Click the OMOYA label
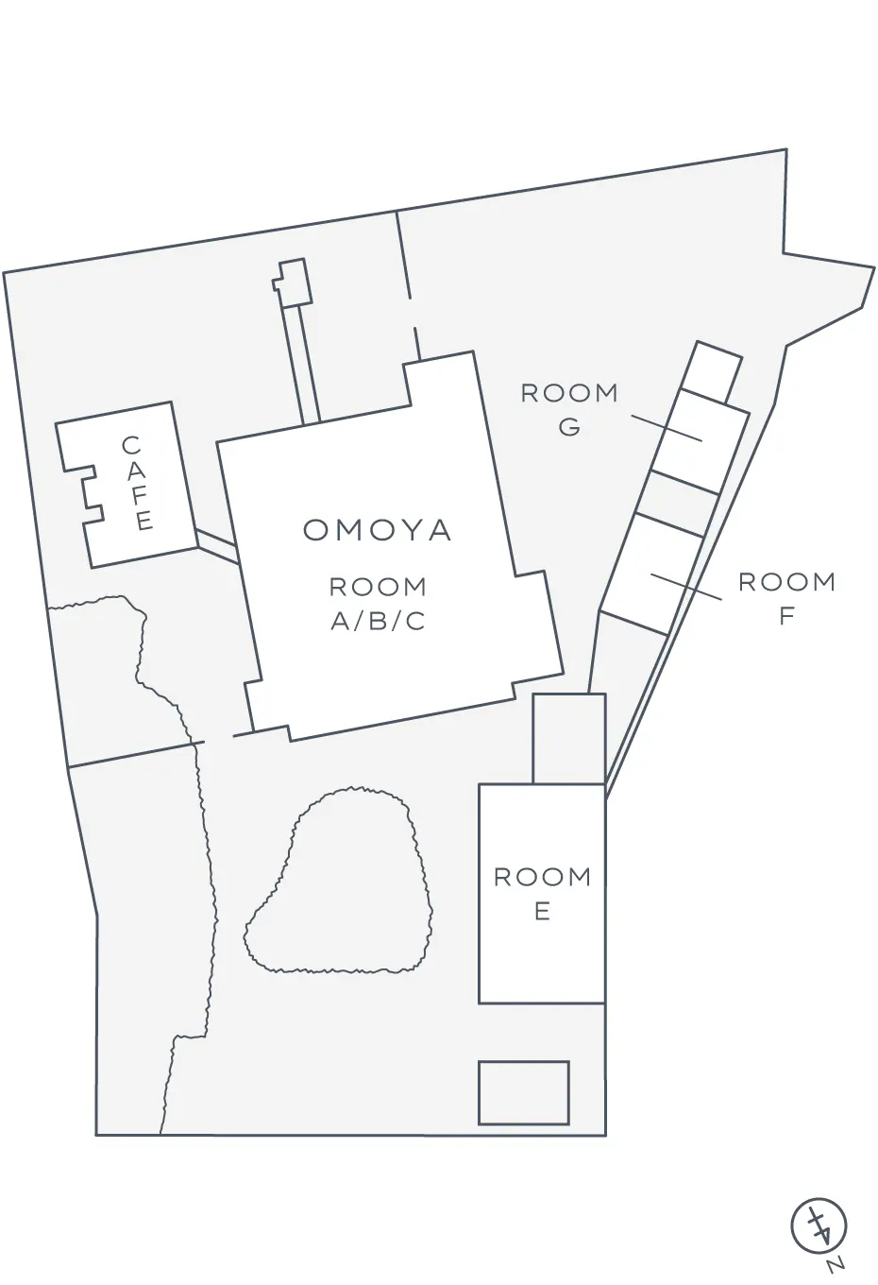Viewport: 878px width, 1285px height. pyautogui.click(x=377, y=531)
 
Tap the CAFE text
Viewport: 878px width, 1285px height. pyautogui.click(x=137, y=484)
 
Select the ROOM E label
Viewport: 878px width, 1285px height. pyautogui.click(x=542, y=895)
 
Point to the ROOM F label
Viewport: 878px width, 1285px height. pyautogui.click(x=786, y=598)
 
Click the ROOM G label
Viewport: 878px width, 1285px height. pyautogui.click(x=569, y=410)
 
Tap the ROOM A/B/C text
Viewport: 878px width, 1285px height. pyautogui.click(x=378, y=604)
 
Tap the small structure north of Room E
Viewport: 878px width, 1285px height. pyautogui.click(x=569, y=739)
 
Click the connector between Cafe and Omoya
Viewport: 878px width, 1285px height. pyautogui.click(x=216, y=546)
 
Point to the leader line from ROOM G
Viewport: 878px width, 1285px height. pyautogui.click(x=667, y=428)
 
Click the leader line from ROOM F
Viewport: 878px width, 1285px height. pyautogui.click(x=686, y=586)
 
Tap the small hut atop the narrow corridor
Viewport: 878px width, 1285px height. pyautogui.click(x=293, y=283)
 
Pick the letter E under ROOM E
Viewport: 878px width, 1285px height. pyautogui.click(x=542, y=912)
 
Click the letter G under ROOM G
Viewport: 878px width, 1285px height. pyautogui.click(x=569, y=427)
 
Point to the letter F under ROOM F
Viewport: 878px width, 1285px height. pyautogui.click(x=786, y=615)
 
